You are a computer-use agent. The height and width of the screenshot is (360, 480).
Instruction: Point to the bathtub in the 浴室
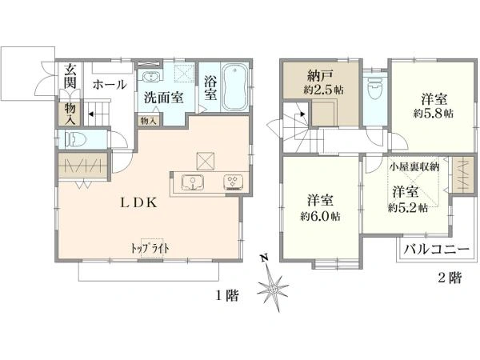click(234, 87)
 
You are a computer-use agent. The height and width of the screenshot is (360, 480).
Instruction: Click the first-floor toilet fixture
click(74, 139)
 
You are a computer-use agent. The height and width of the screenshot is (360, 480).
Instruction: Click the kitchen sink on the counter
click(192, 182)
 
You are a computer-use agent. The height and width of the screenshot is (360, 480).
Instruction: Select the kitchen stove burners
click(234, 182)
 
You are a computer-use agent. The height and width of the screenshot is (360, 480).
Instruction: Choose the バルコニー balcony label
click(434, 250)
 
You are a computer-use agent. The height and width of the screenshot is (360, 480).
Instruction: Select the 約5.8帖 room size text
click(434, 114)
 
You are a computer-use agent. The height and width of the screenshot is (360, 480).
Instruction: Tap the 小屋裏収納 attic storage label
click(414, 167)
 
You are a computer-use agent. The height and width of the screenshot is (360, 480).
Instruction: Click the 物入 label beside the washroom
click(147, 120)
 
